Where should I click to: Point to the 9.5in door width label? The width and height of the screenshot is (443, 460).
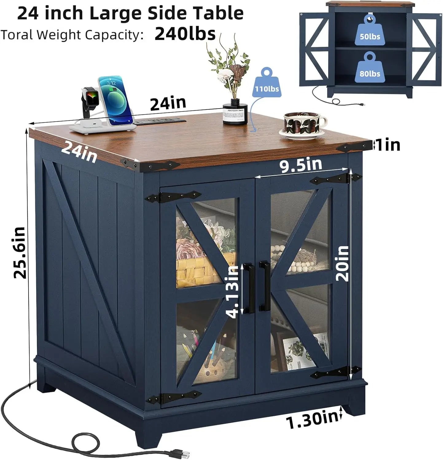301,165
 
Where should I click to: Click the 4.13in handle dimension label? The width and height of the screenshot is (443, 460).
232,292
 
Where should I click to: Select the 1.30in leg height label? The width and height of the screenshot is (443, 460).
312,418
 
